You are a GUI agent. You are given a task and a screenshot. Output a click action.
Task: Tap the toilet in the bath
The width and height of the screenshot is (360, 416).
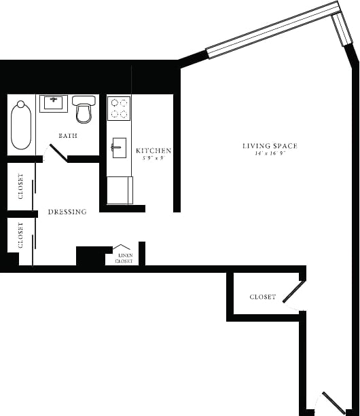tap(84, 110)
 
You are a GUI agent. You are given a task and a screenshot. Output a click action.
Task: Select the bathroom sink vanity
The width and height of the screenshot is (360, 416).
tap(53, 104)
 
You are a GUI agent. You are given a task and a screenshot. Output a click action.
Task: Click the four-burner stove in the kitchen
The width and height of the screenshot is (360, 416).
tap(119, 107)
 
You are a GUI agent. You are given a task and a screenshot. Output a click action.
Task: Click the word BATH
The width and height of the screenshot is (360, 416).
tap(67, 136)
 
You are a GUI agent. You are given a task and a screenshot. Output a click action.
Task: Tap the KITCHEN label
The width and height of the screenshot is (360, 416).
tap(154, 151)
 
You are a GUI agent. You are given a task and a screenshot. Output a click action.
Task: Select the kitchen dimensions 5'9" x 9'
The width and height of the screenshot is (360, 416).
tap(153, 158)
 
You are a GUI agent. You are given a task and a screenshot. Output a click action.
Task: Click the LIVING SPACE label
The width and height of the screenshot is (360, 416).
tap(270, 146)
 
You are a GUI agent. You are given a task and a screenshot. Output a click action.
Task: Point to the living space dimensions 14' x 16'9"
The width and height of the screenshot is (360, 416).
tap(270, 154)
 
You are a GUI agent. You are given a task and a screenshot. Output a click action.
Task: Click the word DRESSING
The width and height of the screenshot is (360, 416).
tap(67, 212)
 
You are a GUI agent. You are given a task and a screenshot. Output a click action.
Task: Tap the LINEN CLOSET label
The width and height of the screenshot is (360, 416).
tap(124, 257)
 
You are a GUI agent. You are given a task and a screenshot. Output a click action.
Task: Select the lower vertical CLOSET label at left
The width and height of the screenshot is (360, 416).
tap(20, 235)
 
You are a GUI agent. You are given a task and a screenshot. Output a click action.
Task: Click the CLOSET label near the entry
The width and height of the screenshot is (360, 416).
tap(262, 297)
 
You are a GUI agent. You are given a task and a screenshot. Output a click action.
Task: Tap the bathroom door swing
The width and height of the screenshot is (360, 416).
tap(56, 153)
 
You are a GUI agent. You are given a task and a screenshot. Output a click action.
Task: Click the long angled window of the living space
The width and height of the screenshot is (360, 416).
tap(272, 30)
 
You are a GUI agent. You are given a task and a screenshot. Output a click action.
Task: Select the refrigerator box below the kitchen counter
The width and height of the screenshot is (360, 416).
tap(120, 189)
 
